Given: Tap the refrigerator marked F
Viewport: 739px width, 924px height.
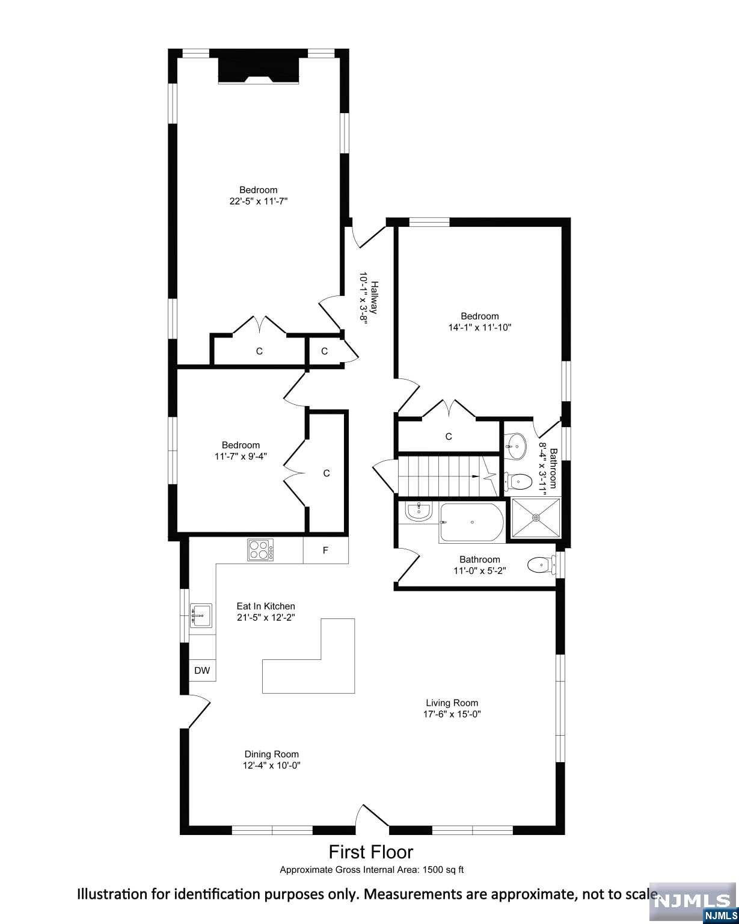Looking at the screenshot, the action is (325, 550).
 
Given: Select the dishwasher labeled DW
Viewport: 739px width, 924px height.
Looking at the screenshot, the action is (202, 670).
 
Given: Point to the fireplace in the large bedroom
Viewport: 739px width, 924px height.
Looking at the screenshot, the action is (259, 69).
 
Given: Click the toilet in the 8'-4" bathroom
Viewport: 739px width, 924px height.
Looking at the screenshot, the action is (517, 482).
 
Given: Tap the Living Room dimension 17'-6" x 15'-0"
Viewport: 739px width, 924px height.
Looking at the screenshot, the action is (452, 714).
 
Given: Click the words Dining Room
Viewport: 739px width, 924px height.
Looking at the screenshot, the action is (271, 754).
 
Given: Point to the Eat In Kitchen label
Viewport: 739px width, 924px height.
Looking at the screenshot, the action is (266, 606).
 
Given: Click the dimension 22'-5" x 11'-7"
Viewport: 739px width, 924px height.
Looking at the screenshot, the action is (259, 201).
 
